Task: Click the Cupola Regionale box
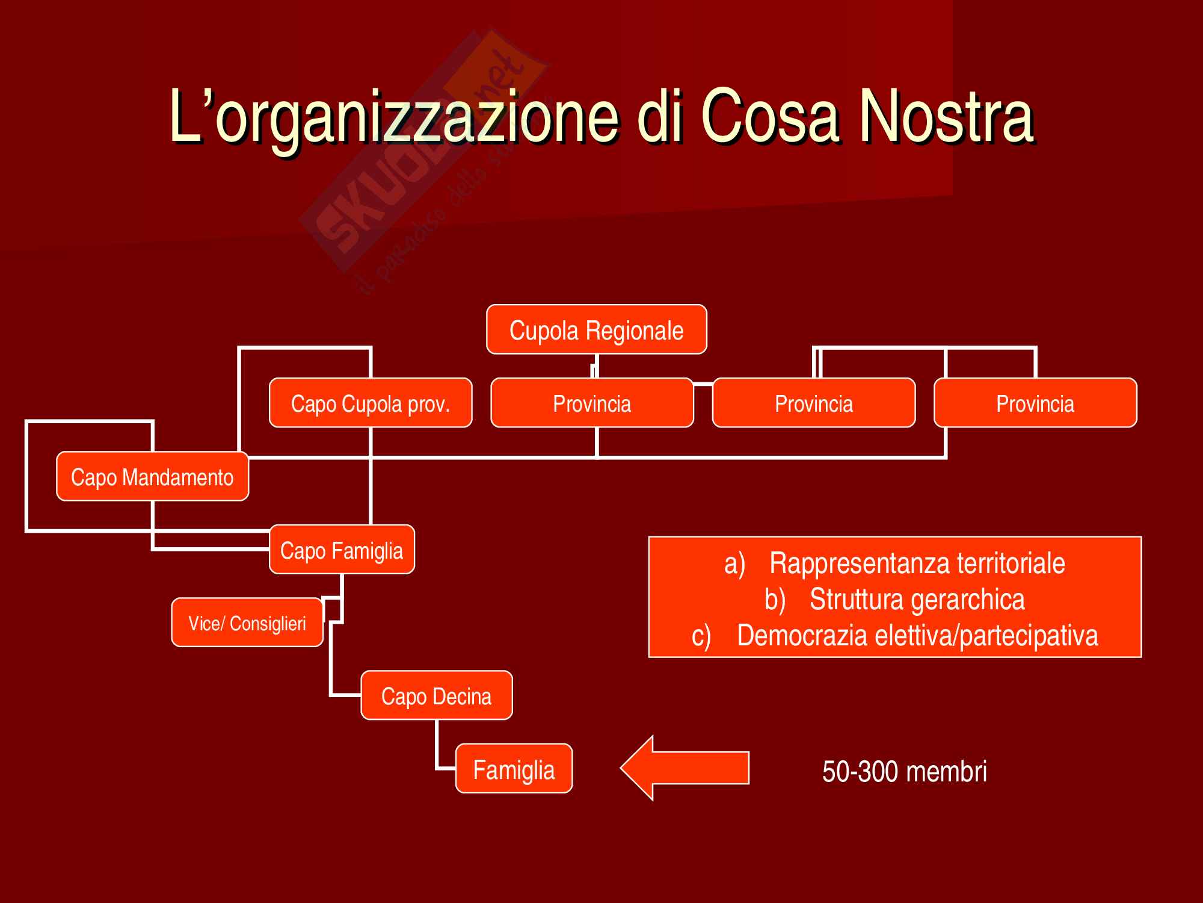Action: (x=596, y=330)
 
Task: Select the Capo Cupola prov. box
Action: (x=371, y=403)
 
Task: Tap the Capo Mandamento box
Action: (x=152, y=477)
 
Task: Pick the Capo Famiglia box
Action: (x=342, y=550)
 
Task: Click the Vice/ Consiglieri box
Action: (x=247, y=623)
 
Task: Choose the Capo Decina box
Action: (x=437, y=696)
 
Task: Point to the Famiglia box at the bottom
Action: (x=514, y=769)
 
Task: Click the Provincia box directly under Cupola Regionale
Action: (x=592, y=403)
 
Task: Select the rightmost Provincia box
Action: (x=1035, y=403)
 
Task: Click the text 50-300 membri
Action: (x=904, y=771)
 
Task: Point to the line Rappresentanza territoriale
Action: (x=917, y=563)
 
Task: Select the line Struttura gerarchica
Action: (x=917, y=600)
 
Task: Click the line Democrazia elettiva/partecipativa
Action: (x=917, y=636)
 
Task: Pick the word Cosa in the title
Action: (x=769, y=116)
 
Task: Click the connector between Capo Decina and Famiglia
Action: (x=437, y=746)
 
